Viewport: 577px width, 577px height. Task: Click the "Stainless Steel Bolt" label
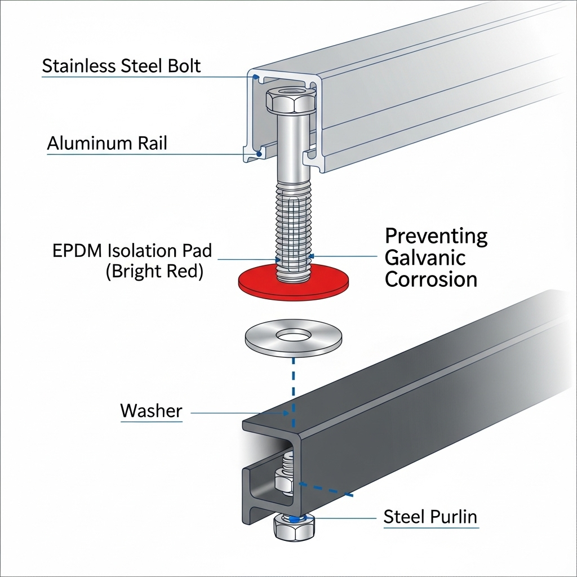tap(121, 66)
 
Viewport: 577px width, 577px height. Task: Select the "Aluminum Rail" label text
tap(107, 143)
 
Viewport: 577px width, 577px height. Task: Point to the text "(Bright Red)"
tap(154, 271)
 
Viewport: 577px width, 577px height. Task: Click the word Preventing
tap(436, 236)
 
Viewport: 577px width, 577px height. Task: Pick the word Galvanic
tap(425, 258)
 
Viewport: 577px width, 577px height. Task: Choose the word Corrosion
tap(431, 279)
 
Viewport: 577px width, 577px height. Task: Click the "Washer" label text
tap(151, 411)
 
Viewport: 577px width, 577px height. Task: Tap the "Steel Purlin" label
tap(430, 516)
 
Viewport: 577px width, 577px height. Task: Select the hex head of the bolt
tap(290, 99)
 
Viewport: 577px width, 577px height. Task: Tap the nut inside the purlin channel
tap(283, 483)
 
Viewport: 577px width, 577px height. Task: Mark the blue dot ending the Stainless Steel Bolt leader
tap(256, 77)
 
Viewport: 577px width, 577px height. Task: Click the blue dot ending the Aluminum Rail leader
tap(259, 153)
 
